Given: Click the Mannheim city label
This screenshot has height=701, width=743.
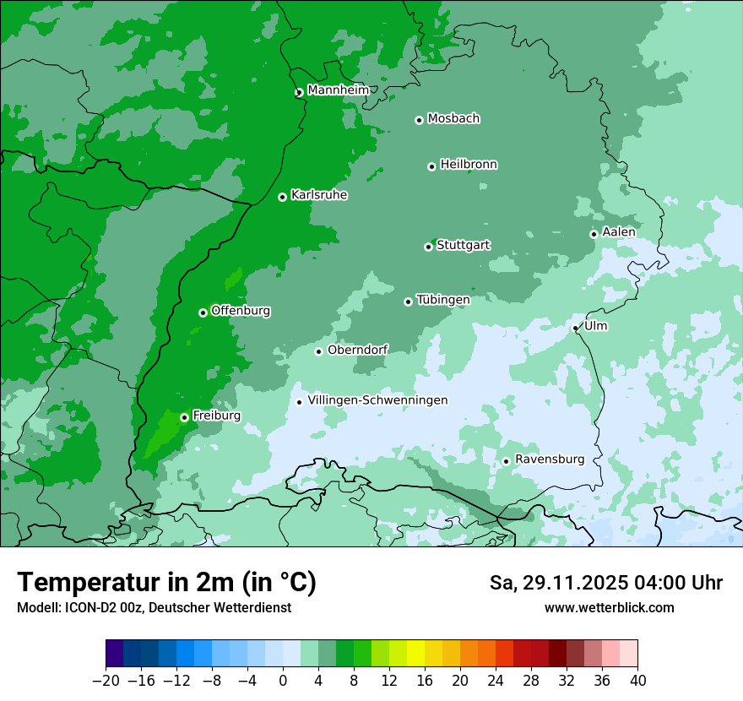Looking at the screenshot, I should pos(338,90).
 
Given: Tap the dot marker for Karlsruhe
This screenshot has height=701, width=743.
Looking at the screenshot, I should pos(282,197).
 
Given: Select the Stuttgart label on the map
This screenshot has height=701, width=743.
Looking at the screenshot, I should pos(463,246).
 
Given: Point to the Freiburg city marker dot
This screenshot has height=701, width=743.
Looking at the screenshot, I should pos(184,417).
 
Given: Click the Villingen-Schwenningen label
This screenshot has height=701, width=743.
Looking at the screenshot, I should pos(377,400).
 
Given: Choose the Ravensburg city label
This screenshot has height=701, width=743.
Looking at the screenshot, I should pos(549,459).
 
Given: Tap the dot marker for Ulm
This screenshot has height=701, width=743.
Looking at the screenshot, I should pos(575,328).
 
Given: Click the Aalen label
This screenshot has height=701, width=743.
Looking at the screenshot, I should pos(618,232).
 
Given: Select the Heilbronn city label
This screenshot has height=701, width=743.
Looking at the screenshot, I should pos(469,165).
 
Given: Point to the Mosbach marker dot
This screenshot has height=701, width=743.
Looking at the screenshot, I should pos(419,120).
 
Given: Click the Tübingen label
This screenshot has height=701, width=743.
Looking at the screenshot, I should pos(443,300).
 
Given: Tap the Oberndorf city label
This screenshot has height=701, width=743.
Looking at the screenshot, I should pos(358,350).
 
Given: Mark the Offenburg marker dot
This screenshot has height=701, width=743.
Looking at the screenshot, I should pos(203,312).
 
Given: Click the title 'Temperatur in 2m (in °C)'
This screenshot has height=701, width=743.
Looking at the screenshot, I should pos(166,583).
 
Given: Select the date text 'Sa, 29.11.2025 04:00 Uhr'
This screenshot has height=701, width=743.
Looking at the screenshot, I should pos(605,583).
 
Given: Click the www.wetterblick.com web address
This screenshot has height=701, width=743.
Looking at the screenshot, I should pos(609,607).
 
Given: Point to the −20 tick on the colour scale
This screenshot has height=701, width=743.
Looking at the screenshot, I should pos(106,681).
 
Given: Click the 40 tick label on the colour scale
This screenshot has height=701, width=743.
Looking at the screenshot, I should pos(637,681).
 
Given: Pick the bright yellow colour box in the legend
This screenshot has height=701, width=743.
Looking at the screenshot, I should pos(415,654).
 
